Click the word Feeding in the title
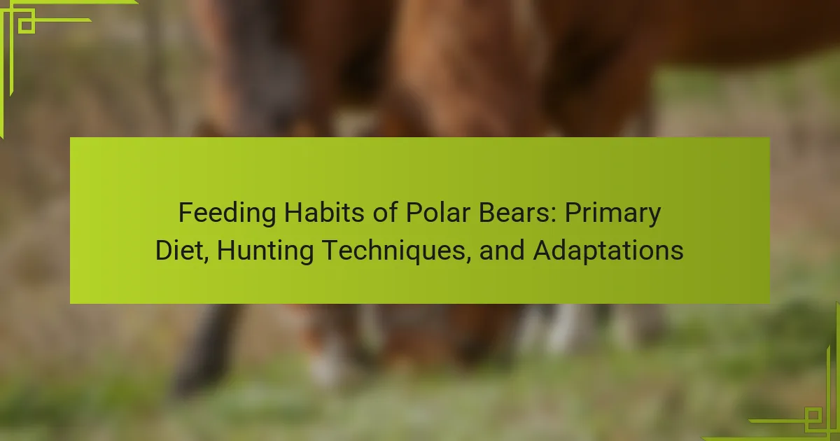coord(227,213)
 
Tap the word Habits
coord(325,213)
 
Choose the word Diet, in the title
coord(182,251)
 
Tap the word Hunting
coord(265,251)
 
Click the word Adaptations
coord(608,251)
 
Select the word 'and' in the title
coord(502,250)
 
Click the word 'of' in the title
coord(386,213)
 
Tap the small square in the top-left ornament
coord(27,25)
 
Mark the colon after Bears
coord(554,216)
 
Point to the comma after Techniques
coord(468,260)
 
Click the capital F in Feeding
coord(185,213)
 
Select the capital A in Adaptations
coord(543,250)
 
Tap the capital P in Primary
coord(574,213)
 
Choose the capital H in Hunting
coord(226,250)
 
